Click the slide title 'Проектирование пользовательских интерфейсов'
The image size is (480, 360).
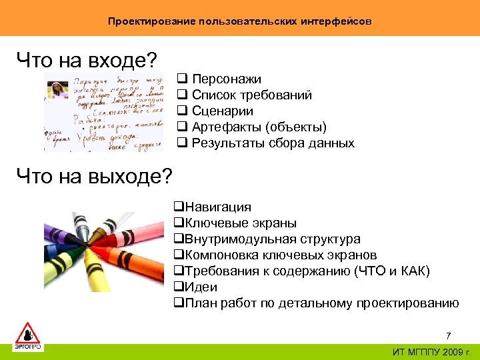[x=240, y=21]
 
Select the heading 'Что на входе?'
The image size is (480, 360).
[x=87, y=61]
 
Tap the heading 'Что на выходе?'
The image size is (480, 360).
[x=94, y=176]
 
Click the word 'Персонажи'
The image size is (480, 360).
[x=227, y=79]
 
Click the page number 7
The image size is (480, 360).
[x=448, y=335]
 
